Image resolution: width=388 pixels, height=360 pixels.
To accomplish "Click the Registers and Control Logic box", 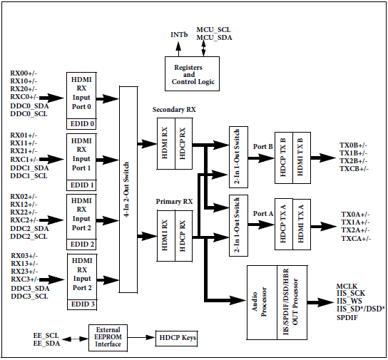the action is click(192, 73).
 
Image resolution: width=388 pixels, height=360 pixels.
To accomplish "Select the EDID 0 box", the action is click(81, 124).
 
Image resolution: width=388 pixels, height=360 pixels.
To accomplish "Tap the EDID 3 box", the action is click(82, 304).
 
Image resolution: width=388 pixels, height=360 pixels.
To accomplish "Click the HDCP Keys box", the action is click(176, 338).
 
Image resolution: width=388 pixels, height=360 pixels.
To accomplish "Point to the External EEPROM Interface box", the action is click(108, 337).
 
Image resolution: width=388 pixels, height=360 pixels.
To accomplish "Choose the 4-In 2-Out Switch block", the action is click(128, 190).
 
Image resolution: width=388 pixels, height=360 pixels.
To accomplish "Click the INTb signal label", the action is click(179, 35).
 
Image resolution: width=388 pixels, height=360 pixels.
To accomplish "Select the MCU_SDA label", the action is click(214, 38).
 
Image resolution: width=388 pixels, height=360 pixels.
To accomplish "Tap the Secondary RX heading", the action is click(174, 110).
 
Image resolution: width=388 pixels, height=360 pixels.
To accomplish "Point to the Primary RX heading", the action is click(174, 202).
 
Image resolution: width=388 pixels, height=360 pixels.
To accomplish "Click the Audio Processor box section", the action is click(262, 302).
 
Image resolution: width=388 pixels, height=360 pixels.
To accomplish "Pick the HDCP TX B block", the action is click(284, 158).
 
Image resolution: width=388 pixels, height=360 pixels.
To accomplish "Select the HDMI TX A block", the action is click(302, 224).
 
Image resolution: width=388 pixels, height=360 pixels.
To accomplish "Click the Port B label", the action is click(262, 147).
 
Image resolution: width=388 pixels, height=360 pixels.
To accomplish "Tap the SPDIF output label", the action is click(347, 317).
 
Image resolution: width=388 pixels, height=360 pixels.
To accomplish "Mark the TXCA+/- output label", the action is click(356, 238).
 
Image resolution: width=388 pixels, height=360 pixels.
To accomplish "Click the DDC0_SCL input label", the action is click(29, 114).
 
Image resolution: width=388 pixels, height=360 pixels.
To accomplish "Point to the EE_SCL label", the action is click(46, 336).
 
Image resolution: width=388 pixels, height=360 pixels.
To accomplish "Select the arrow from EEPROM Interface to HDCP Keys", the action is click(141, 337).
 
